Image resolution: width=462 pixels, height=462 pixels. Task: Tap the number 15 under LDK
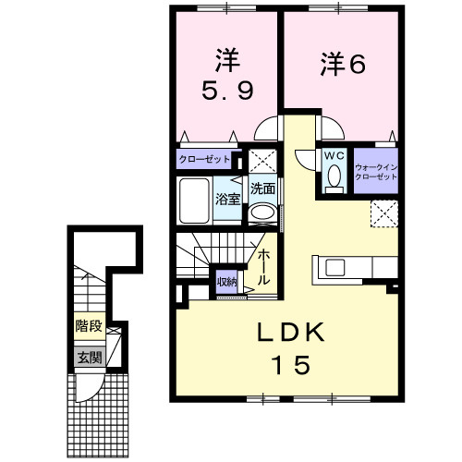click(286, 364)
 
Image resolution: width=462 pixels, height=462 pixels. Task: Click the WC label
click(334, 156)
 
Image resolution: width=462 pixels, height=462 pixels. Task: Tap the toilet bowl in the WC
click(334, 176)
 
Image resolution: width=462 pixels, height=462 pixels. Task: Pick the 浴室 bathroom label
click(227, 199)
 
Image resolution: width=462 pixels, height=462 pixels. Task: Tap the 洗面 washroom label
click(262, 188)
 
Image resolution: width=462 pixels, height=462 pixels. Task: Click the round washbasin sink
click(261, 213)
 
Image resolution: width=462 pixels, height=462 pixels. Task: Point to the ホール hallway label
click(264, 266)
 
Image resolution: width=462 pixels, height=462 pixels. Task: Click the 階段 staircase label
click(89, 325)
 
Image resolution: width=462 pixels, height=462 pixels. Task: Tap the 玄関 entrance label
click(89, 357)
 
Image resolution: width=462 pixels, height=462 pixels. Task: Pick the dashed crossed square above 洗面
click(261, 160)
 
